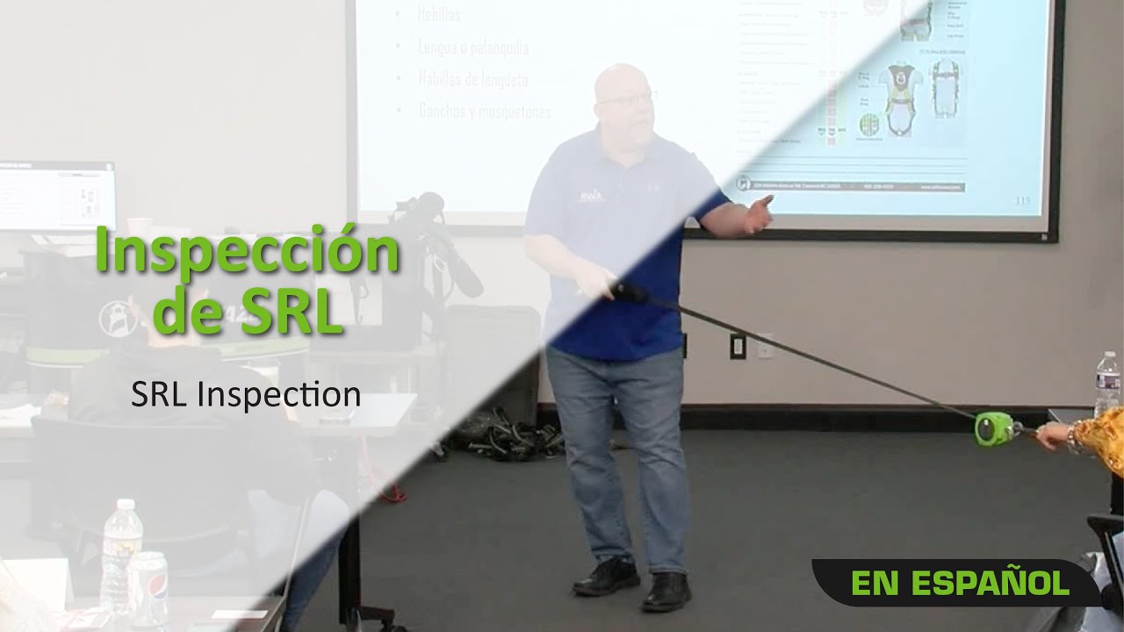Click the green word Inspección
point(247,252)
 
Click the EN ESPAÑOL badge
point(960,583)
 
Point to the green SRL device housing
point(992,427)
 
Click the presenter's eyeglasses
point(626,98)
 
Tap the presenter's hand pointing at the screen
point(758,213)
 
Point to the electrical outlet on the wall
point(738,345)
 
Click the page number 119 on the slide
point(1021,200)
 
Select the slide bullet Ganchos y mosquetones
point(485,111)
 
